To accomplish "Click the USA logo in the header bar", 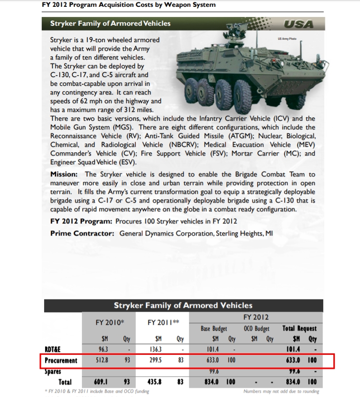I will click(298, 24).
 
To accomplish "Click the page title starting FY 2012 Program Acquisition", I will click(129, 5).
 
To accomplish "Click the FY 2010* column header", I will click(110, 322).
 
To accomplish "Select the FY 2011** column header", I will click(163, 322).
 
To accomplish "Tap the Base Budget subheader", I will click(214, 329).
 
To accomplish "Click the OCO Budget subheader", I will click(255, 329).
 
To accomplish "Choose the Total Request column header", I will click(299, 329).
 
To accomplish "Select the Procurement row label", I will click(61, 361).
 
